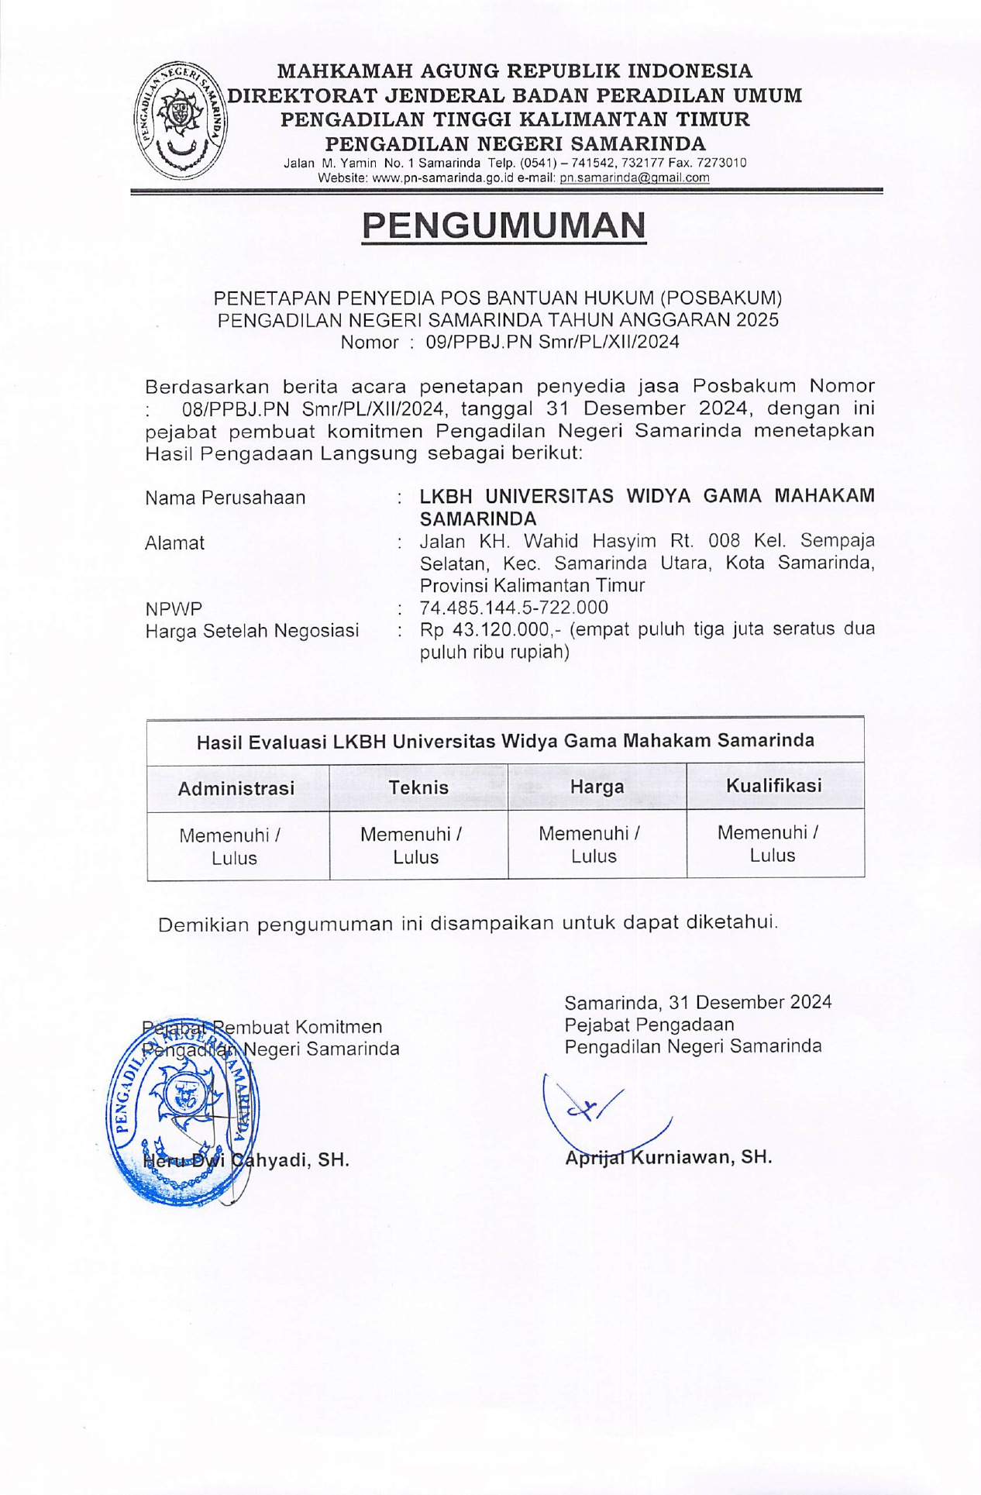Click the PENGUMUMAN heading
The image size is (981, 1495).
pos(504,226)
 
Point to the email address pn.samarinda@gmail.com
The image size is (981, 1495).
pos(635,177)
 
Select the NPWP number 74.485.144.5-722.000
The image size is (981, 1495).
pos(514,608)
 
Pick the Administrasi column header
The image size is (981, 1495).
pos(236,788)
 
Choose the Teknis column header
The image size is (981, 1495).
pos(418,787)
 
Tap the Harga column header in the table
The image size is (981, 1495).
pos(597,787)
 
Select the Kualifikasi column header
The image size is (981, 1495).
pos(774,785)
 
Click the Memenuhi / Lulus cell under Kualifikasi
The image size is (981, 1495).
pos(773,844)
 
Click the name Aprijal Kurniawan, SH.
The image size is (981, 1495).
pos(668,1157)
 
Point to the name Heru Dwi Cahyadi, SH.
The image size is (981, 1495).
pos(246,1160)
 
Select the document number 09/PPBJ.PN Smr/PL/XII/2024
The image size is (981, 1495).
pos(552,342)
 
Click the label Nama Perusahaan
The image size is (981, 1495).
pos(225,498)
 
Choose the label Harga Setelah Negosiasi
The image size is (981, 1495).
pos(252,631)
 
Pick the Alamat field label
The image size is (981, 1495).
pos(174,543)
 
